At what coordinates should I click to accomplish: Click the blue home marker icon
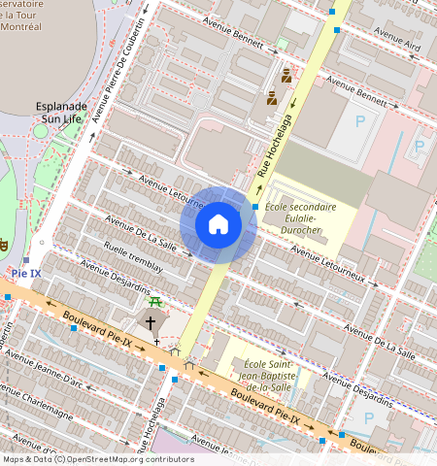point(218,224)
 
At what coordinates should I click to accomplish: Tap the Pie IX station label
point(26,274)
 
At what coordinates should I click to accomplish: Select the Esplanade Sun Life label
point(61,112)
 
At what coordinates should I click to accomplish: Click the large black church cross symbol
point(151,321)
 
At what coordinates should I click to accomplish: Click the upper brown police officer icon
point(286,75)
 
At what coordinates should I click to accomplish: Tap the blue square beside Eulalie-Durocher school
point(255,207)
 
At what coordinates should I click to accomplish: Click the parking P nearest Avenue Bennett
point(361,121)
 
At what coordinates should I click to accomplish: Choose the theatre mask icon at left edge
point(3,244)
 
